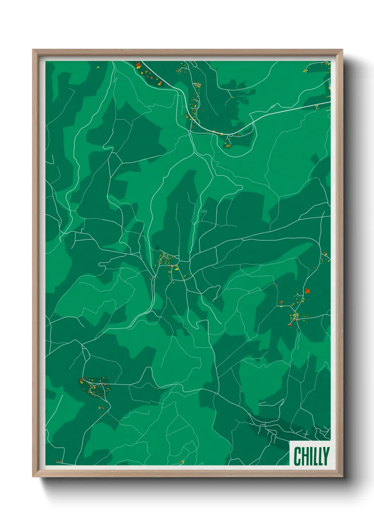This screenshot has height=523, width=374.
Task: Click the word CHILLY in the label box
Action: point(311,456)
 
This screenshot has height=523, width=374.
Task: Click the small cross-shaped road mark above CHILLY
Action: point(306,432)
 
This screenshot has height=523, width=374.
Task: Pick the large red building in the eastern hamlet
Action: point(307,291)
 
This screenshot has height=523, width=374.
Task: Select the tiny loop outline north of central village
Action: point(204,212)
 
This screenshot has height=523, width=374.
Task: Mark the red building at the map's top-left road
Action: point(139,65)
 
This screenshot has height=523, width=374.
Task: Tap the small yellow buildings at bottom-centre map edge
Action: point(182,462)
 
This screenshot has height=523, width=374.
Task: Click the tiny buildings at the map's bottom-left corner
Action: point(59,461)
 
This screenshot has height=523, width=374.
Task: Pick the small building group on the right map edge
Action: point(325,257)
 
